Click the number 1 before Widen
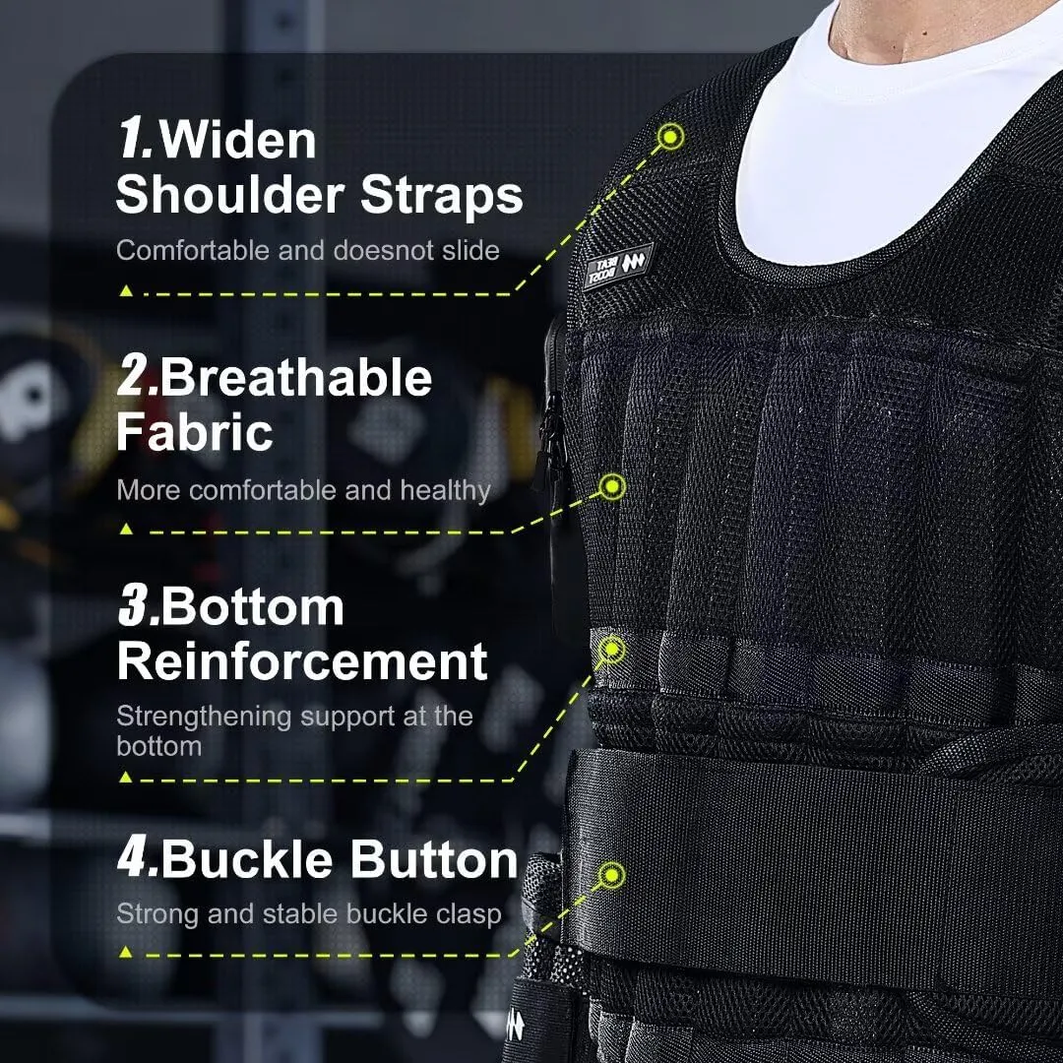point(134,139)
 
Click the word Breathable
point(296,378)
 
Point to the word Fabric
point(194,433)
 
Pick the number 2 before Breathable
point(136,378)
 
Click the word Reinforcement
point(302,660)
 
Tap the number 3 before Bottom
point(136,607)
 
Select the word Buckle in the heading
point(250,860)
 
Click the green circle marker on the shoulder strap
point(671,136)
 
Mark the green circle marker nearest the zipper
point(613,486)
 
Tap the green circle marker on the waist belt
point(613,874)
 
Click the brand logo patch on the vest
point(618,266)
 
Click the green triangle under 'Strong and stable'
point(125,953)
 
